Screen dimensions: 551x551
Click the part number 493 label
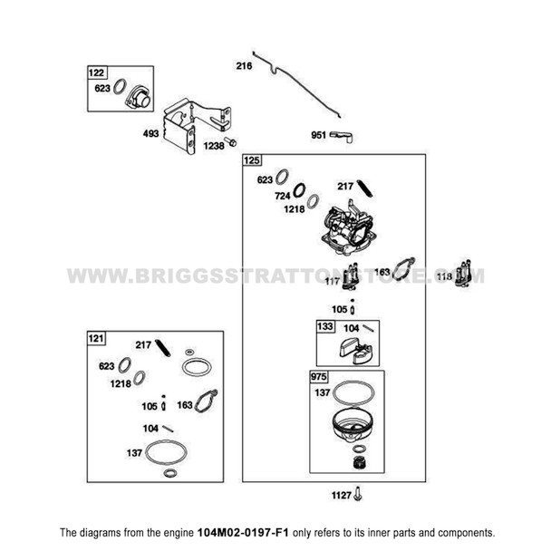coord(150,133)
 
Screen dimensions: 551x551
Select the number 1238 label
coord(214,145)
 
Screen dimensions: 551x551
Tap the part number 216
coord(244,66)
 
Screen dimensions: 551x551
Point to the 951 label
coord(318,135)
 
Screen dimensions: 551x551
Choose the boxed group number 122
coord(96,72)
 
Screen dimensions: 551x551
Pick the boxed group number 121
coord(96,338)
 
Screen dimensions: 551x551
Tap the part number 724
coord(284,197)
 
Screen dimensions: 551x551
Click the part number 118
coord(444,275)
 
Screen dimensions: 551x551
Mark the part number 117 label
coord(333,281)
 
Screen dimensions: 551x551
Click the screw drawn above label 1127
coord(361,494)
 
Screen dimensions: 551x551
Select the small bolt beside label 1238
coord(233,141)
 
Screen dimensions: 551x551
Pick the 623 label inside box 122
coord(102,89)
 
